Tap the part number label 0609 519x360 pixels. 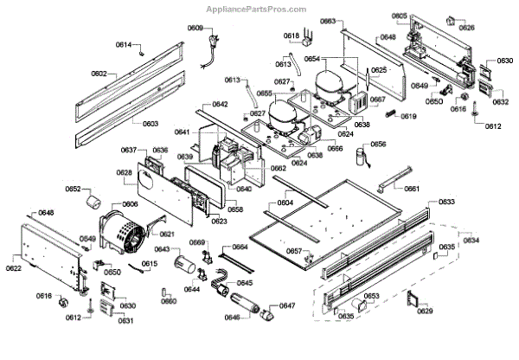click(x=195, y=29)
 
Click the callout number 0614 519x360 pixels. click(x=124, y=44)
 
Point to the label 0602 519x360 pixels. click(x=99, y=74)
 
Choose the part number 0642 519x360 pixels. click(x=220, y=105)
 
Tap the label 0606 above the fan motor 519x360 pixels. click(x=130, y=204)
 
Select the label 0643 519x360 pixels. click(x=162, y=249)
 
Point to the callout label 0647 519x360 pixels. click(x=287, y=305)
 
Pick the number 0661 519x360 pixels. click(x=412, y=189)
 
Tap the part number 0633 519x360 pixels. click(x=446, y=202)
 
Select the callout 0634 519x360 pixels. click(x=471, y=240)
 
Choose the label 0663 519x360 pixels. click(x=328, y=20)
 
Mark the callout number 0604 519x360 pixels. click(x=285, y=202)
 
